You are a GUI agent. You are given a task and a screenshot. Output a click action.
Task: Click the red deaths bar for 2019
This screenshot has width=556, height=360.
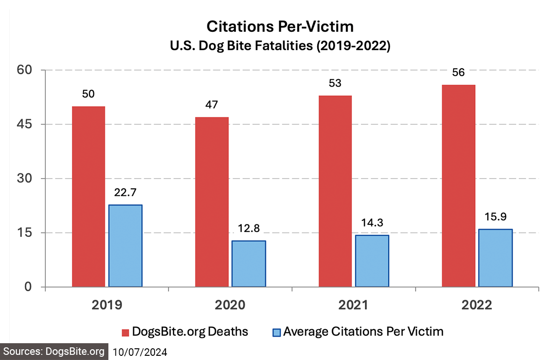point(88,196)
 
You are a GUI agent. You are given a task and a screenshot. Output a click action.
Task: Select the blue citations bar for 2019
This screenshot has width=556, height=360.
point(125,245)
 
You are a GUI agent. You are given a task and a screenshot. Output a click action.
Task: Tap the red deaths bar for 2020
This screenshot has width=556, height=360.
point(212,202)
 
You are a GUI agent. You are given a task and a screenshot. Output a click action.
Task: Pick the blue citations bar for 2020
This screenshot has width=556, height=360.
point(249,263)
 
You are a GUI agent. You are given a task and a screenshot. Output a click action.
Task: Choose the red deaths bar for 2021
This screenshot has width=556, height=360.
point(335,191)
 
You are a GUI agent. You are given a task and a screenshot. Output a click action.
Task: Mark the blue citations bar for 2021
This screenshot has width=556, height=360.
point(372,261)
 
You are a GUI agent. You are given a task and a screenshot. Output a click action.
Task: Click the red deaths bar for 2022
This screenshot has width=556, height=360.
point(458,186)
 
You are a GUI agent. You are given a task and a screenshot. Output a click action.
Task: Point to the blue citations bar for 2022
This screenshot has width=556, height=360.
point(495,258)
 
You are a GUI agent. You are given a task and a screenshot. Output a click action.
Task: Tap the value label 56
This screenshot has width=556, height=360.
point(458,73)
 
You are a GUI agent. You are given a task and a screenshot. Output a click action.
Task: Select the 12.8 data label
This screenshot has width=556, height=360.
point(249,229)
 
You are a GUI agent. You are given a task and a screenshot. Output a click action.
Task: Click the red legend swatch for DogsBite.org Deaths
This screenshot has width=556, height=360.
point(125,332)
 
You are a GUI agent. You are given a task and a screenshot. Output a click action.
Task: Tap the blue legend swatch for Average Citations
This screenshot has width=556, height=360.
point(276,332)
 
